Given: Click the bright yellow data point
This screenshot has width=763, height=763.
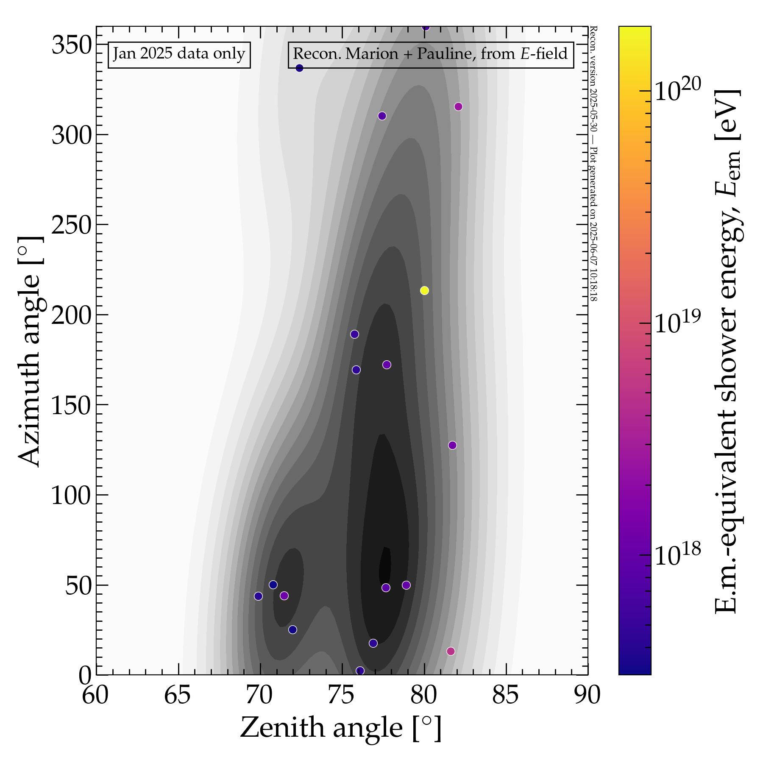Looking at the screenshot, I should click(x=424, y=290).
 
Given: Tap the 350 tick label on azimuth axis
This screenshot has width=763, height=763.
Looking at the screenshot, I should click(x=72, y=45).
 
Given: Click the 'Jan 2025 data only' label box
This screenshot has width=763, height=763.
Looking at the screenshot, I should click(x=179, y=54).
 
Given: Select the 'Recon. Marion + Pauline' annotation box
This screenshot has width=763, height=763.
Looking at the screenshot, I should click(x=430, y=54).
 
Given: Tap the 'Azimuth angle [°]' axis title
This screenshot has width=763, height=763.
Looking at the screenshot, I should click(x=31, y=352).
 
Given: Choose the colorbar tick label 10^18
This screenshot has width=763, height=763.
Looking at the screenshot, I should click(x=678, y=554).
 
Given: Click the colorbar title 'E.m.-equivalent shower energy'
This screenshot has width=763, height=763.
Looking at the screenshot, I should click(x=727, y=352).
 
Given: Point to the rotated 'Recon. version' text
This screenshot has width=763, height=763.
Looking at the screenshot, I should click(x=593, y=164).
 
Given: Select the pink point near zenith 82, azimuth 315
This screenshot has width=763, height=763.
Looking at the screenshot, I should click(x=458, y=106).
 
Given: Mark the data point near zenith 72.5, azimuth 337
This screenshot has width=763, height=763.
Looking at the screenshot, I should click(x=299, y=68).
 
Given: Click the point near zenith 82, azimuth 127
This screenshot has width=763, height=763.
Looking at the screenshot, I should click(x=452, y=445).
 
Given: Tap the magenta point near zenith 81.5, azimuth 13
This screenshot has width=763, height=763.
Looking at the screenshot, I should click(x=451, y=651).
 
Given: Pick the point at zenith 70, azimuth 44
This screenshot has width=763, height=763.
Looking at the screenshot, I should click(x=258, y=596).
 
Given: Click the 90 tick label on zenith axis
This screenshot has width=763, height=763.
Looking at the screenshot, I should click(x=588, y=695).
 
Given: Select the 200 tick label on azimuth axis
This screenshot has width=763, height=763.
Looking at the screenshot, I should click(x=72, y=315).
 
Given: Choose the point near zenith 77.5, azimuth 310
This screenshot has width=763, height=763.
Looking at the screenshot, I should click(x=382, y=116).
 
